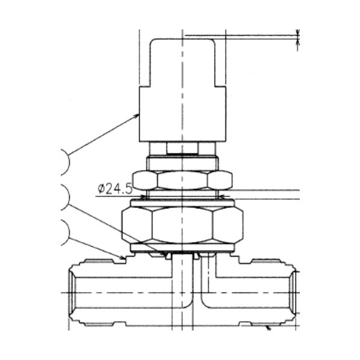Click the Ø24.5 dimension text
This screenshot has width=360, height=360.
115,188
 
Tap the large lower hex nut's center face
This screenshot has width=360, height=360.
182,225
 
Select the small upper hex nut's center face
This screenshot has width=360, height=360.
182,181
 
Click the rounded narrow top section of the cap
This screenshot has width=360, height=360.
182,63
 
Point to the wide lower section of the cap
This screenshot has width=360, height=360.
182,114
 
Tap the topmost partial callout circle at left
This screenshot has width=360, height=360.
66,163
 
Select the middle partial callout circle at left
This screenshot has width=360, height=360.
66,197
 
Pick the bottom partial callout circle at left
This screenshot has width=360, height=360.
66,232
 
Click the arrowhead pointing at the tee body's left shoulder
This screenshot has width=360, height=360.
123,258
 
